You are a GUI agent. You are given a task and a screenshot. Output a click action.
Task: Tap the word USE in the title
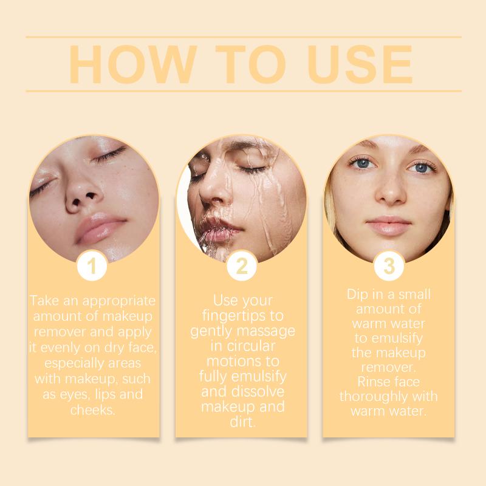click(360, 64)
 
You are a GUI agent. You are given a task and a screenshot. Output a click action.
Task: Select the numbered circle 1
click(92, 265)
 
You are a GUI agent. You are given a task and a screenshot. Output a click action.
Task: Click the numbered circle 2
click(242, 265)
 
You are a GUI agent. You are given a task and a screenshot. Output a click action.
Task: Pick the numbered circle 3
click(389, 265)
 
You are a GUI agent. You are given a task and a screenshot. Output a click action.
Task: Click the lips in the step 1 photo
click(98, 228)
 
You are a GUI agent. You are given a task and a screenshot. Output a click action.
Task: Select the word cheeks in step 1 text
click(93, 410)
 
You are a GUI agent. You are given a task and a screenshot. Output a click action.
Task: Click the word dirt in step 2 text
click(242, 422)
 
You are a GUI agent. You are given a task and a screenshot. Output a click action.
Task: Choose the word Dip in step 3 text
click(357, 295)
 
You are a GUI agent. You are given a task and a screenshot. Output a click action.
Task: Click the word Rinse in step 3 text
click(372, 382)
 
